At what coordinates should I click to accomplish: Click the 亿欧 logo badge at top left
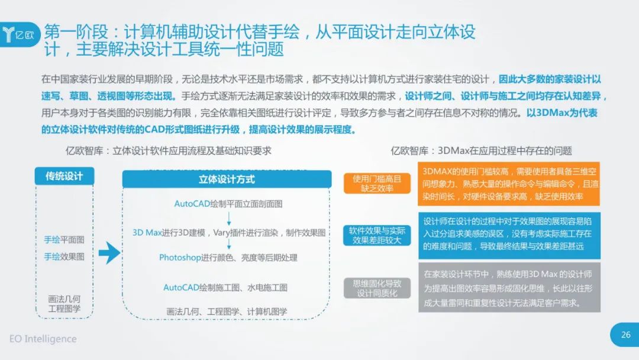pyautogui.click(x=20, y=34)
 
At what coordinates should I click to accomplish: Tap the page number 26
pyautogui.click(x=625, y=335)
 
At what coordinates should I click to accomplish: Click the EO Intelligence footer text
pyautogui.click(x=43, y=339)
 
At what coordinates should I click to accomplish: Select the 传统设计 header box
pyautogui.click(x=64, y=176)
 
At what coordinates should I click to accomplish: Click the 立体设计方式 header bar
pyautogui.click(x=227, y=179)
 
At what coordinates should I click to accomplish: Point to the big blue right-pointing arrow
pyautogui.click(x=109, y=253)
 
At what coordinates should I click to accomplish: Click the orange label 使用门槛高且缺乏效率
pyautogui.click(x=377, y=184)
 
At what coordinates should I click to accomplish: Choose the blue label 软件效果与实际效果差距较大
pyautogui.click(x=377, y=235)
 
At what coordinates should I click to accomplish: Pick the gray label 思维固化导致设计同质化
pyautogui.click(x=377, y=288)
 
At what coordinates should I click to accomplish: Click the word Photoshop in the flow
pyautogui.click(x=180, y=258)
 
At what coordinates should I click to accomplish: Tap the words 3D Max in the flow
pyautogui.click(x=147, y=233)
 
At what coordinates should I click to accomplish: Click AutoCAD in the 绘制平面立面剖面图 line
pyautogui.click(x=192, y=204)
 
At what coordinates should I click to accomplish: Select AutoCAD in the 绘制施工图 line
pyautogui.click(x=181, y=287)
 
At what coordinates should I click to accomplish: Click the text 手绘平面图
pyautogui.click(x=64, y=240)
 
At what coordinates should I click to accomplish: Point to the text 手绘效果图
pyautogui.click(x=64, y=256)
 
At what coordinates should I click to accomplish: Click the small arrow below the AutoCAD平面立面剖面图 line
pyautogui.click(x=228, y=218)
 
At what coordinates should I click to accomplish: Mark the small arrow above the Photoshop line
pyautogui.click(x=228, y=244)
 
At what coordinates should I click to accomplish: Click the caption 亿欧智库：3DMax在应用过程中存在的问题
pyautogui.click(x=481, y=151)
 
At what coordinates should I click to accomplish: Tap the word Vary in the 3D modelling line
pyautogui.click(x=222, y=233)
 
